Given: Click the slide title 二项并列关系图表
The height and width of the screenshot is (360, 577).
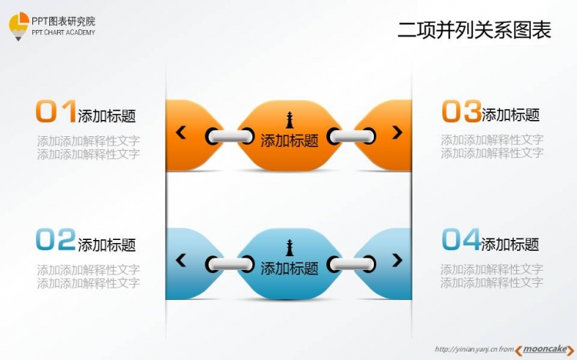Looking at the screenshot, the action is click(x=475, y=30).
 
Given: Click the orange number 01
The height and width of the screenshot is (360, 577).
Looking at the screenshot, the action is click(x=56, y=111).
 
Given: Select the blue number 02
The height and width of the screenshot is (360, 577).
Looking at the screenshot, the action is click(x=56, y=239).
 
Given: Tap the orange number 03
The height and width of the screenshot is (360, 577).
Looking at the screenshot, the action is click(x=462, y=111).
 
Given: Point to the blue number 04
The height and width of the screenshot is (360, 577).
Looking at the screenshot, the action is click(x=461, y=239).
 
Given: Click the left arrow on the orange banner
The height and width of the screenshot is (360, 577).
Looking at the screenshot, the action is click(x=181, y=132).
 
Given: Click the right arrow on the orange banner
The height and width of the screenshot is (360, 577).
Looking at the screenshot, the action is click(x=397, y=132).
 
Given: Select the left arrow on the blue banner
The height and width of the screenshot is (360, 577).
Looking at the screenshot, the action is click(x=181, y=260).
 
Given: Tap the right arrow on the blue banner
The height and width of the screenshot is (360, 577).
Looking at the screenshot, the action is click(x=397, y=260).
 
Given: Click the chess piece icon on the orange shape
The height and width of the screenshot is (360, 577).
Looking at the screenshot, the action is click(x=289, y=120).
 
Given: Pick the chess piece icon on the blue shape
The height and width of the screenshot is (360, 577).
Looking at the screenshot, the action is click(x=289, y=248).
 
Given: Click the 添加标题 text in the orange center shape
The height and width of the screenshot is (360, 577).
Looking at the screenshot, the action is click(x=289, y=141).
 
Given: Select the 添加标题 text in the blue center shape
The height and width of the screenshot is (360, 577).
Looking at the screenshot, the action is click(x=289, y=268).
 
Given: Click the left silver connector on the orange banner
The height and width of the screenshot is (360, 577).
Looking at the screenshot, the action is click(x=229, y=136).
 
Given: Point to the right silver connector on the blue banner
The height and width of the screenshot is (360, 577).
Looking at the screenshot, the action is click(x=352, y=264).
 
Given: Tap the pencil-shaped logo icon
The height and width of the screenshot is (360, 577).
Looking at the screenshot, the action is click(x=18, y=26).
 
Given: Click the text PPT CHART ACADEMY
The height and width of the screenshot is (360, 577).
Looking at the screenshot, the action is click(x=63, y=32).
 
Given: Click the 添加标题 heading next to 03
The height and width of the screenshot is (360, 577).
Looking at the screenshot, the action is click(x=511, y=115).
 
